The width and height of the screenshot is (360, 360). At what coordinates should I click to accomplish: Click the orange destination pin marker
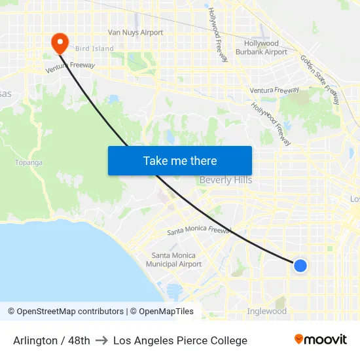(x=60, y=43)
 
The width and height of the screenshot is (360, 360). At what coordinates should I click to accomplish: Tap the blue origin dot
(x=300, y=265)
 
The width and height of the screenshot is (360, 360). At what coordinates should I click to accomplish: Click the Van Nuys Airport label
(x=135, y=32)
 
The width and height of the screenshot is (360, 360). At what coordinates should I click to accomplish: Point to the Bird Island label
(x=94, y=48)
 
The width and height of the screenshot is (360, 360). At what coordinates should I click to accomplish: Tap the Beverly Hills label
(x=225, y=180)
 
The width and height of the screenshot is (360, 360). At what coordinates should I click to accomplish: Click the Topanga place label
(x=28, y=162)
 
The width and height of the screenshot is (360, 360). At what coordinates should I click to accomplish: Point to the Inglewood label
(x=266, y=312)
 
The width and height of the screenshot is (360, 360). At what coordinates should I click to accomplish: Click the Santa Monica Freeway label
(x=199, y=230)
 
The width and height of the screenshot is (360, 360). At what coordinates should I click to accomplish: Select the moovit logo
(x=321, y=340)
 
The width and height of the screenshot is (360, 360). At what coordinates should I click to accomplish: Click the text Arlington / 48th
(x=52, y=340)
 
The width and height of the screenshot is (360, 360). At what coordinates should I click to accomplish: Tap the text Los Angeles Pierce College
(x=180, y=340)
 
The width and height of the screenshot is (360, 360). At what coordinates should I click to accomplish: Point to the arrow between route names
(x=101, y=340)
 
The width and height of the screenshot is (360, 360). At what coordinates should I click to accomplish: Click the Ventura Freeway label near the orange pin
(x=70, y=67)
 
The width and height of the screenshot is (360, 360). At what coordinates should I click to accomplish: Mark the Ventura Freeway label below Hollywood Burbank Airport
(x=274, y=90)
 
